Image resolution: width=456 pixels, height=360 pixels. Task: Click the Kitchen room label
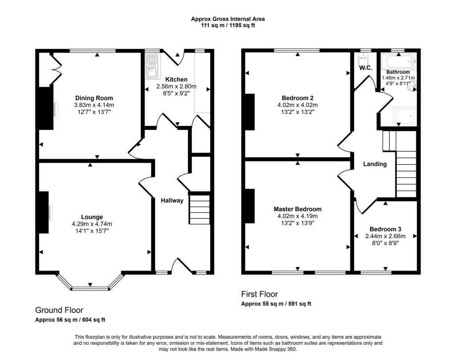(176, 79)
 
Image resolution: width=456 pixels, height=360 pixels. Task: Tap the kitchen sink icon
(152, 66)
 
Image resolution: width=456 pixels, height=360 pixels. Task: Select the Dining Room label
(94, 98)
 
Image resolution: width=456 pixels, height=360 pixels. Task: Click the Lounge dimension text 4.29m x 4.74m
(92, 224)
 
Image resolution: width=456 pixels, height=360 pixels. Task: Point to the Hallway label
(172, 201)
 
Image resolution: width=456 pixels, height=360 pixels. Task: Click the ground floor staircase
(199, 210)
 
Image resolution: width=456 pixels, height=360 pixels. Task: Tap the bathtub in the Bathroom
(399, 61)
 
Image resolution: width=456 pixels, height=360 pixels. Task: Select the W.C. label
(366, 68)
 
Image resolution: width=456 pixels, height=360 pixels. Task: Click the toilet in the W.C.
(363, 60)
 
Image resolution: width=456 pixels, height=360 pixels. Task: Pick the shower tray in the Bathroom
(404, 116)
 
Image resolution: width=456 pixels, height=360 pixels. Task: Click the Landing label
(375, 164)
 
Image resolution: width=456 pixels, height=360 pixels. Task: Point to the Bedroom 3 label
(385, 229)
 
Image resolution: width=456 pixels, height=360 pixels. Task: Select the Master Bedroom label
(297, 209)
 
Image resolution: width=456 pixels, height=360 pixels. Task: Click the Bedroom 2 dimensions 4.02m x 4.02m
(297, 105)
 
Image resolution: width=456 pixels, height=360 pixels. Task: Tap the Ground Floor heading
(59, 310)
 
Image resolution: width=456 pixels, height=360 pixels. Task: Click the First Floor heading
(260, 294)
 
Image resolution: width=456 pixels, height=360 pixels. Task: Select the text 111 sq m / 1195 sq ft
(228, 25)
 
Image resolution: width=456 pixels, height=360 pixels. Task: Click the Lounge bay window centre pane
(90, 288)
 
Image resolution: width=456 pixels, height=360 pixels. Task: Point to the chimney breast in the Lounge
(44, 212)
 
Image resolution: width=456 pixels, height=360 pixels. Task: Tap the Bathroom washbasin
(413, 87)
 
